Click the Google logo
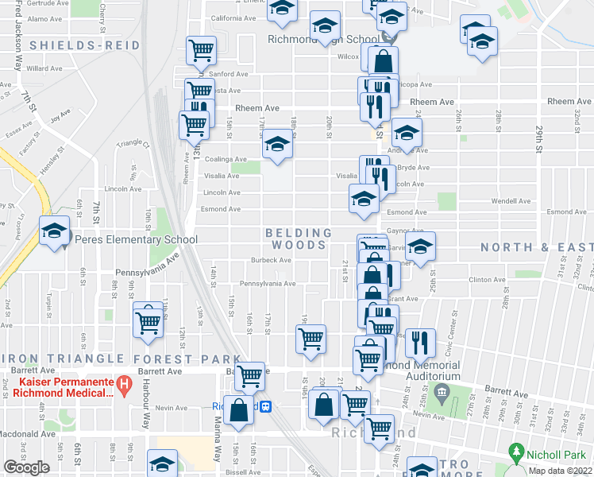(x=26, y=467)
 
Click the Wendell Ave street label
(x=511, y=201)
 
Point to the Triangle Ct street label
(x=133, y=143)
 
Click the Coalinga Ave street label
(x=222, y=159)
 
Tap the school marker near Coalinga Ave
(x=277, y=145)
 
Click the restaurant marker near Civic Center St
(x=420, y=341)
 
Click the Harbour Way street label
(x=146, y=413)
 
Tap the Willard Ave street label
(x=38, y=68)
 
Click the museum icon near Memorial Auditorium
(x=443, y=391)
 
